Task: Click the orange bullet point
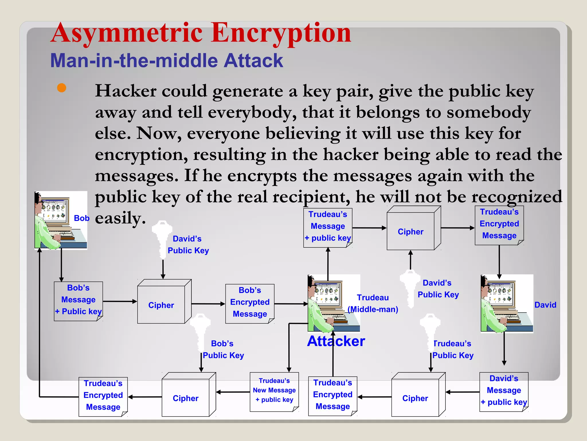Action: click(x=62, y=88)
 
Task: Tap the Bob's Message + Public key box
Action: click(x=78, y=300)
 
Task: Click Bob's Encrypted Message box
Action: click(x=250, y=303)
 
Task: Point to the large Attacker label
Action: click(x=336, y=341)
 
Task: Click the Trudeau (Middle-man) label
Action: click(x=373, y=303)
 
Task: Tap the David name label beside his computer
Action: click(x=545, y=305)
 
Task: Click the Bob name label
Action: click(x=82, y=218)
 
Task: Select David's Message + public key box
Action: click(x=504, y=391)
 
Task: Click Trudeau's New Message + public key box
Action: click(x=274, y=391)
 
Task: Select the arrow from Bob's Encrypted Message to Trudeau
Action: click(x=291, y=303)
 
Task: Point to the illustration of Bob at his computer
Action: click(x=60, y=220)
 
